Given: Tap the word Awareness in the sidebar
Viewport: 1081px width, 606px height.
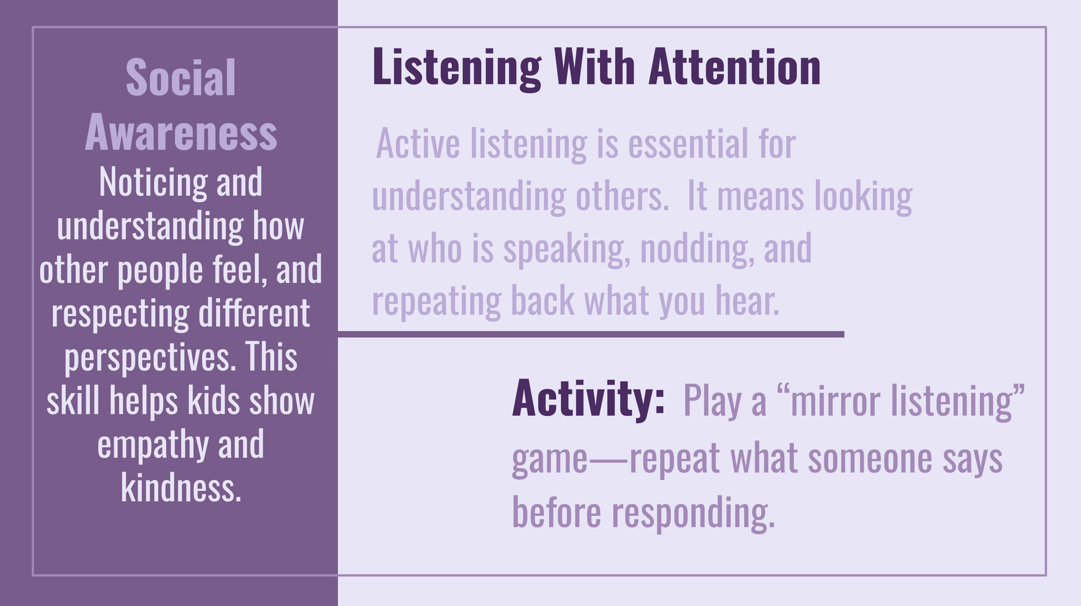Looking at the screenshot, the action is click(181, 132).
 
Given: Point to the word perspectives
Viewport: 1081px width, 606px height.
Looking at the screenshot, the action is click(150, 358).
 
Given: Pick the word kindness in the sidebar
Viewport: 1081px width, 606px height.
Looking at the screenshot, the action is click(181, 487).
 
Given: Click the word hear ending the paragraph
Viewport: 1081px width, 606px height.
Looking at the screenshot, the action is click(748, 301).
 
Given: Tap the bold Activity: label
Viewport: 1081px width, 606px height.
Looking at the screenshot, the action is click(588, 398).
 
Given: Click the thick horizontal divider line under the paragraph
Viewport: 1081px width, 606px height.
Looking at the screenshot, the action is click(591, 335).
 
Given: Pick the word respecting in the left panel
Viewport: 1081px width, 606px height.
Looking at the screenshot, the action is click(120, 314).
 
